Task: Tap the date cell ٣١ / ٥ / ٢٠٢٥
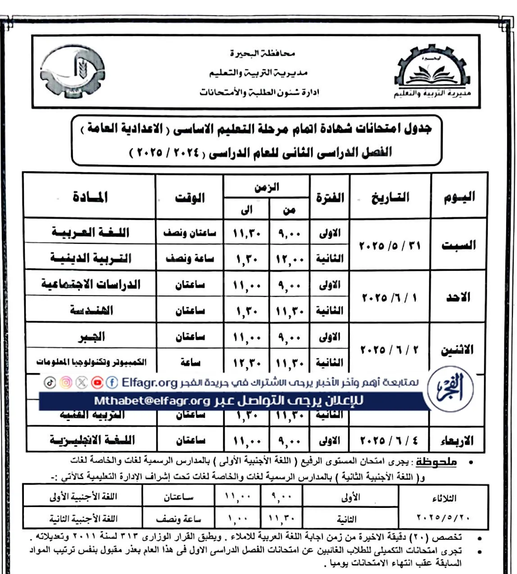point(390,246)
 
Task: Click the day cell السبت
point(458,245)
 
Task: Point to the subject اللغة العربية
point(90,232)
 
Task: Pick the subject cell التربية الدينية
point(90,258)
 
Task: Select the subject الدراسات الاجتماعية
point(90,284)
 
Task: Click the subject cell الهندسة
point(91,310)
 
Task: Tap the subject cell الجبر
point(91,336)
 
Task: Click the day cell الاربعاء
point(456,440)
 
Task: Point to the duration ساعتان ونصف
point(190,233)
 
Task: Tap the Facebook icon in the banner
point(112,382)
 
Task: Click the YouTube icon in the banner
point(97,382)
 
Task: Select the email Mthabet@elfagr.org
point(152,401)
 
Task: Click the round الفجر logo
point(450,390)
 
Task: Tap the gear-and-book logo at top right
point(431,74)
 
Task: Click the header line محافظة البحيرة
point(262,54)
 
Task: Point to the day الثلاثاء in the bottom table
point(444,498)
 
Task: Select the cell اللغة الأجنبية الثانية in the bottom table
point(83,519)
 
